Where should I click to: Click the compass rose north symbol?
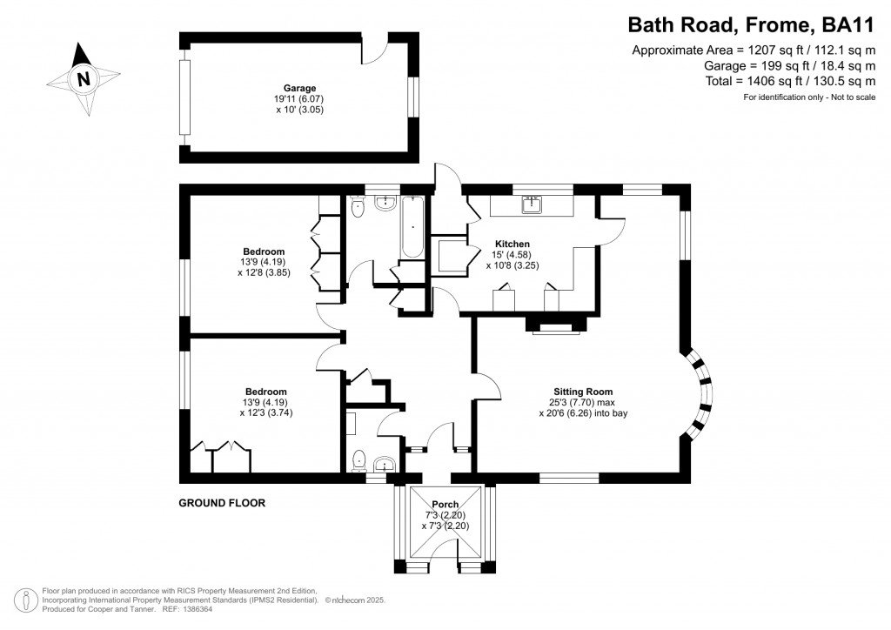84,79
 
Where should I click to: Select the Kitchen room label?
512,244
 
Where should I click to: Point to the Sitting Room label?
583,392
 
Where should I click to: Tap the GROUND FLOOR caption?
222,503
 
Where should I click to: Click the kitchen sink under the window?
532,204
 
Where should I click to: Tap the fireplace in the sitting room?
553,326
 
